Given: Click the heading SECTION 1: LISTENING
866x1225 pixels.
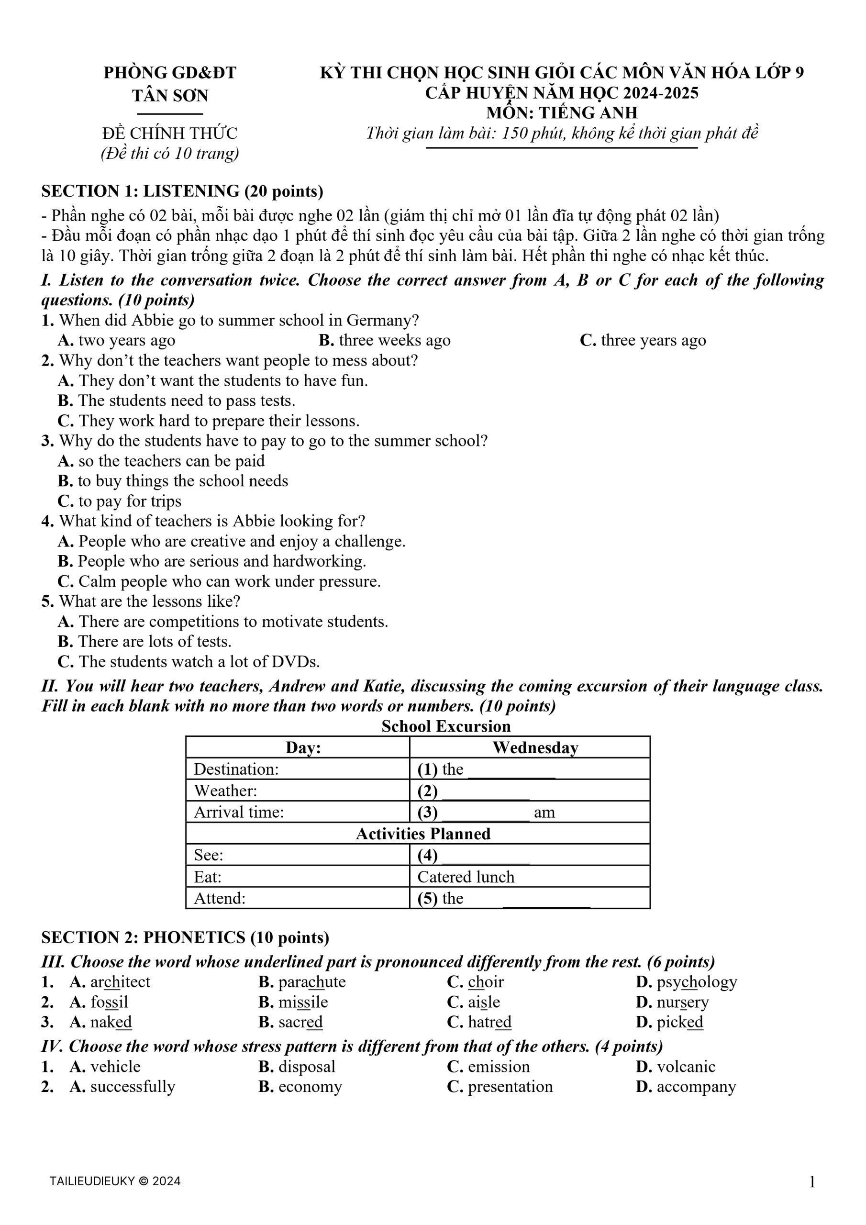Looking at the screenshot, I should (182, 191).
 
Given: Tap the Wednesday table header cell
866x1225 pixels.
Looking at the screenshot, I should (534, 747).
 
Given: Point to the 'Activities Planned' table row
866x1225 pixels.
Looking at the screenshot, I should (422, 834).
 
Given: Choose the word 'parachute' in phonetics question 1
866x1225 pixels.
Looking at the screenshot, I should (311, 982).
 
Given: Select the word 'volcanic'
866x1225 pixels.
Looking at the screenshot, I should (686, 1067).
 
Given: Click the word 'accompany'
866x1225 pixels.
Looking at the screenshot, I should (696, 1086).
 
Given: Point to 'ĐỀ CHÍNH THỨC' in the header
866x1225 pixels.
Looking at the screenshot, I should (170, 133).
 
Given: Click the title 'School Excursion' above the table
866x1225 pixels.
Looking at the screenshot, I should (446, 726).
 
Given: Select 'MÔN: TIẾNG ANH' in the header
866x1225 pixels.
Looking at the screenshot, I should (561, 112).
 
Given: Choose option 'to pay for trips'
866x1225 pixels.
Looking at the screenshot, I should (130, 501).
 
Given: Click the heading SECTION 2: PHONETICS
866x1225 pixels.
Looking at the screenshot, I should (185, 937).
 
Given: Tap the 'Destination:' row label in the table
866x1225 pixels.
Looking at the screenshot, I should (236, 769).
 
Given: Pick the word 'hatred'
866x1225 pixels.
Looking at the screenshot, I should (489, 1022).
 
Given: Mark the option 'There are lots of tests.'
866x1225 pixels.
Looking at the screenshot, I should (154, 641).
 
